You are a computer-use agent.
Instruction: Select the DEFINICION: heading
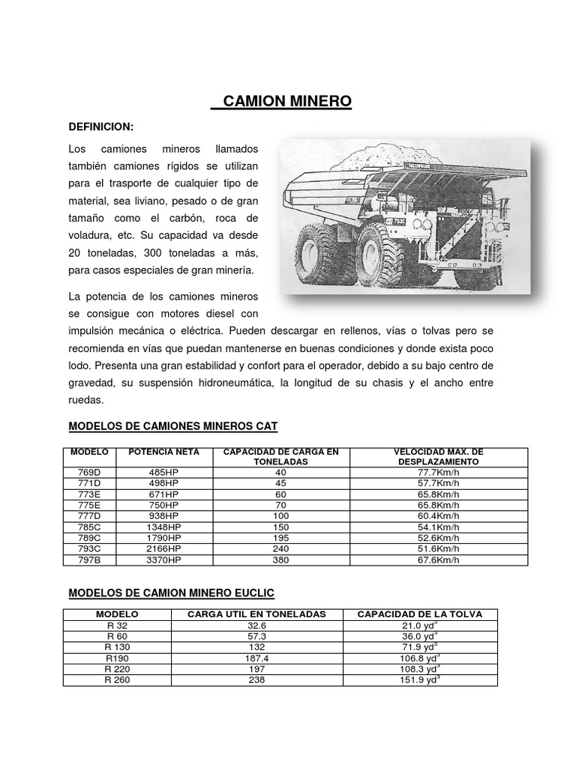coord(100,127)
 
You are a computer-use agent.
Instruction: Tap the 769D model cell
coord(88,473)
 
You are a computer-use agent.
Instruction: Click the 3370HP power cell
coord(164,560)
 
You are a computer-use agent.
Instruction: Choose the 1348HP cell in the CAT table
coord(164,527)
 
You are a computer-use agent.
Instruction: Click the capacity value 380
coord(280,560)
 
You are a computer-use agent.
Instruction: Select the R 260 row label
coord(118,679)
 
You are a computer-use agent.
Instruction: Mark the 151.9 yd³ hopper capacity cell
coord(420,679)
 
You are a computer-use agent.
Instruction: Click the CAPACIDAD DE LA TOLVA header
coord(419,614)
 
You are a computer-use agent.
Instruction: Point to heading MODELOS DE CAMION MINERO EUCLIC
coord(171,593)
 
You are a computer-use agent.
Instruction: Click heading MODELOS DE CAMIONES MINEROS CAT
coord(172,426)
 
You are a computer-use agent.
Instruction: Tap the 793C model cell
coord(88,549)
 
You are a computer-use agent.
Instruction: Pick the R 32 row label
coord(118,625)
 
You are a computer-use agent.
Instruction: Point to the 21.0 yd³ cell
coord(420,625)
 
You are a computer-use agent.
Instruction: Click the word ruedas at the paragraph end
coord(83,400)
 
